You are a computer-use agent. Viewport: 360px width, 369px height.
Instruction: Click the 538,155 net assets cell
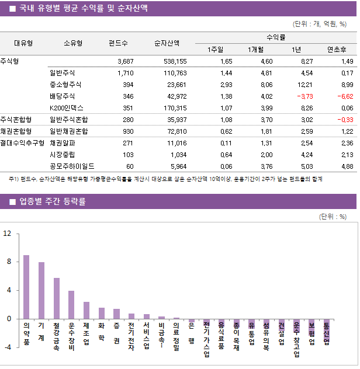[174, 61]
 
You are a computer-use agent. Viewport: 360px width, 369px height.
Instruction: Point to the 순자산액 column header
[167, 43]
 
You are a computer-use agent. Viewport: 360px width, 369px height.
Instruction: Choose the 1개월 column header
[256, 49]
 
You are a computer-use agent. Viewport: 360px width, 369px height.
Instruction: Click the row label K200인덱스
[67, 108]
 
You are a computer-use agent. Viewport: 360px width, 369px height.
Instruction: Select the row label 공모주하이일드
[71, 166]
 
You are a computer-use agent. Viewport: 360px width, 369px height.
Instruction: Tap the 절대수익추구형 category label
[23, 143]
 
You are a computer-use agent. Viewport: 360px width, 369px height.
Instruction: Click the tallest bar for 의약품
[26, 287]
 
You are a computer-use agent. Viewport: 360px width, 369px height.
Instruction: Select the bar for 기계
[41, 290]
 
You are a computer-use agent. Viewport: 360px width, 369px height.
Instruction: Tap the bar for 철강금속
[57, 298]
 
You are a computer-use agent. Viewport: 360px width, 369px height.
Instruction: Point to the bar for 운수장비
[71, 304]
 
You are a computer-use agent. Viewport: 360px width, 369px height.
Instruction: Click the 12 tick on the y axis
[8, 234]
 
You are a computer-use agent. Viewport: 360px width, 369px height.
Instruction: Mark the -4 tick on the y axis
[7, 347]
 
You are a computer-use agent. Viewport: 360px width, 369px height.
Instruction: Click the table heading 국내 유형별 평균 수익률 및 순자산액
[82, 9]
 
